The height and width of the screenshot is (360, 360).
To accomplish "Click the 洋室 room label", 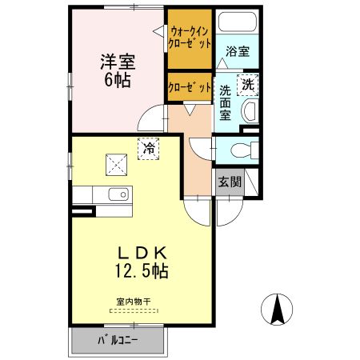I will pos(116,61).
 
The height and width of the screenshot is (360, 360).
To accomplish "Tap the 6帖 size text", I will pos(116,80).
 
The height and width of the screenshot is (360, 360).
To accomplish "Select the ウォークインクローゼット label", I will pos(190,38).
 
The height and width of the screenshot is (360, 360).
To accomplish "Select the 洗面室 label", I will pos(226,102).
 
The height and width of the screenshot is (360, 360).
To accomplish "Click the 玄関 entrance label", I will pos(230,182).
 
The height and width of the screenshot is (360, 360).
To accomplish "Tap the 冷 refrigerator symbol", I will pos(149,147).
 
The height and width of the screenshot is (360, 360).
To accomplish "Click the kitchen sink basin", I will pos(118,194).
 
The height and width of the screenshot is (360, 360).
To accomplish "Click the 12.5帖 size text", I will pos(141,271).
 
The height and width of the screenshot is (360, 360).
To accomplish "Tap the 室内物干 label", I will pos(134,302).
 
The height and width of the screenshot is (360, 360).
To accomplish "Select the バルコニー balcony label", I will pos(118,340).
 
